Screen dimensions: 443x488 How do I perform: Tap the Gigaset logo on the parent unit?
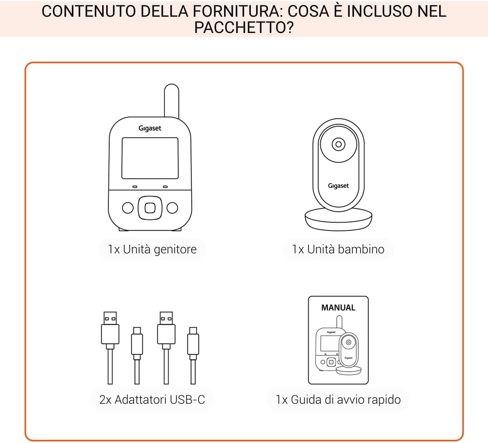pyautogui.click(x=150, y=128)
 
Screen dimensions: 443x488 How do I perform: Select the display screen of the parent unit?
pyautogui.click(x=150, y=158)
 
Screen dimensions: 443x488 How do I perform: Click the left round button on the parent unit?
pyautogui.click(x=128, y=208)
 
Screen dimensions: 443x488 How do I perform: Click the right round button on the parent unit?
pyautogui.click(x=172, y=208)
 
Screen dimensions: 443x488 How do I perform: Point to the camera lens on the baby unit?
pyautogui.click(x=338, y=145)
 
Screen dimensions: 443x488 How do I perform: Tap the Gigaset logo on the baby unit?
pyautogui.click(x=338, y=186)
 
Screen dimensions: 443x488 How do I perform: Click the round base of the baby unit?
pyautogui.click(x=338, y=220)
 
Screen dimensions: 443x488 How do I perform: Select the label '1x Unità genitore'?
pyautogui.click(x=152, y=249)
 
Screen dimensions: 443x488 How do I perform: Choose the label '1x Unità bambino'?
pyautogui.click(x=338, y=249)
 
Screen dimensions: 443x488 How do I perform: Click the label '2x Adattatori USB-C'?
pyautogui.click(x=152, y=399)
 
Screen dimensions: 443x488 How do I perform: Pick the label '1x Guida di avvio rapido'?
pyautogui.click(x=338, y=399)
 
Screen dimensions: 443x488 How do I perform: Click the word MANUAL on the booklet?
pyautogui.click(x=338, y=308)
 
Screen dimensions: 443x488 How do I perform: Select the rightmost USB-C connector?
pyautogui.click(x=193, y=341)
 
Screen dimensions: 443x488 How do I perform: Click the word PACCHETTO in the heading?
pyautogui.click(x=244, y=28)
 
